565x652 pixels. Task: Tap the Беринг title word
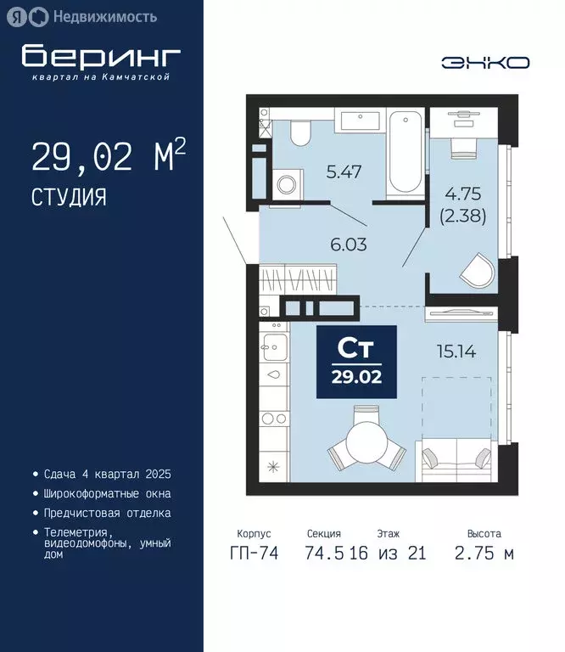pos(102,56)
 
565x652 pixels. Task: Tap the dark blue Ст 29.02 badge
pos(356,362)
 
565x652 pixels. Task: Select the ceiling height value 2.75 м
pos(484,554)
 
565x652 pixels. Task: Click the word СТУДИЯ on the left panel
pos(69,198)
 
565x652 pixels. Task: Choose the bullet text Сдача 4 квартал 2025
pos(107,473)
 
